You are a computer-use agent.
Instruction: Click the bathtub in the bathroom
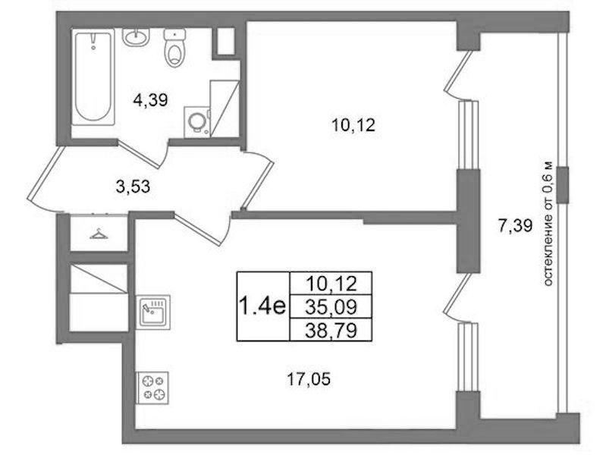pos(93,77)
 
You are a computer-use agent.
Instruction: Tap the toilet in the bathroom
pos(175,48)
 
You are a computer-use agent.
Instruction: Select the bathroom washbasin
pos(136,37)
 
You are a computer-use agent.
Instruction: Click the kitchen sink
pos(152,312)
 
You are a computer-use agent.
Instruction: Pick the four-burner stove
pos(152,388)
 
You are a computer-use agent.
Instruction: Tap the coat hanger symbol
pos(99,234)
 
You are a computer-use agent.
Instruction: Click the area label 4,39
pos(150,101)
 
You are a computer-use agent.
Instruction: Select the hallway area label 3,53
pos(133,187)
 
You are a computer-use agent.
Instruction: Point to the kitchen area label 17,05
pos(309,379)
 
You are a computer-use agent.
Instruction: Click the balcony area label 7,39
pos(515,226)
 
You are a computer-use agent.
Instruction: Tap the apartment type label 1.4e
pos(263,306)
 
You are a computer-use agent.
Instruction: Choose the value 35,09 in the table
pos(331,307)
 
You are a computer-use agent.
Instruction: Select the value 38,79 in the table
pos(331,331)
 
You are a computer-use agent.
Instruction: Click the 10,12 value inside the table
pos(331,284)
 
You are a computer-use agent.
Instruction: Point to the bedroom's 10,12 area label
pos(353,125)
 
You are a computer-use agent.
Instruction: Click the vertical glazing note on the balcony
pos(548,224)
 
